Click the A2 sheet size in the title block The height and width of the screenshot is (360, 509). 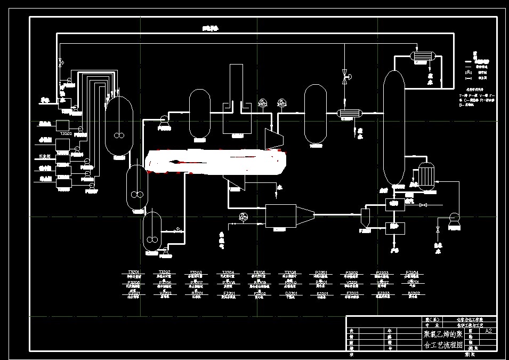(x=488, y=331)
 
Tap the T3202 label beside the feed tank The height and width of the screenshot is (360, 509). (x=66, y=133)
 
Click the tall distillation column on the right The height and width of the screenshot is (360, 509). (x=394, y=128)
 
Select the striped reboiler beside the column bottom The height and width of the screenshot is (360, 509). (x=426, y=175)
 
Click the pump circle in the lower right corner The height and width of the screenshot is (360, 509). (x=454, y=217)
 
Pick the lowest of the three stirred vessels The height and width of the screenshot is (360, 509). (x=152, y=230)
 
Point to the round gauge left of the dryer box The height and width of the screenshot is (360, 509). (x=244, y=217)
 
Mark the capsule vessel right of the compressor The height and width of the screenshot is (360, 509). (x=315, y=114)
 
